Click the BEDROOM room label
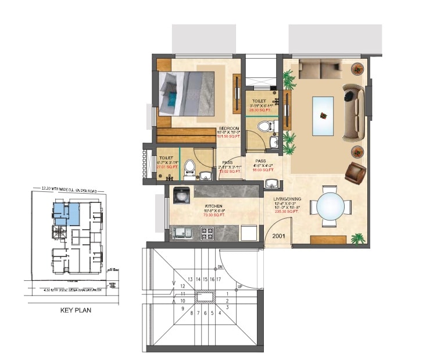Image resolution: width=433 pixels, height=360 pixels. pyautogui.click(x=229, y=129)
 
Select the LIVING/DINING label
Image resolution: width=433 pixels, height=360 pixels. pyautogui.click(x=286, y=199)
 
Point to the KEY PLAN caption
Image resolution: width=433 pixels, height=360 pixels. pyautogui.click(x=76, y=311)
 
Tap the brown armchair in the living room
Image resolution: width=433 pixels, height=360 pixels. pyautogui.click(x=355, y=172)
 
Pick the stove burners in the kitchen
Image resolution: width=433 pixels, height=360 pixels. pyautogui.click(x=207, y=233)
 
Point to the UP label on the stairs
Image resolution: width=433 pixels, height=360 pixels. pyautogui.click(x=239, y=287)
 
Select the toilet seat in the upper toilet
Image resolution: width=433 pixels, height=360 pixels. pyautogui.click(x=264, y=126)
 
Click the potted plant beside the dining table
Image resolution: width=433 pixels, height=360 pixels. pyautogui.click(x=359, y=238)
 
